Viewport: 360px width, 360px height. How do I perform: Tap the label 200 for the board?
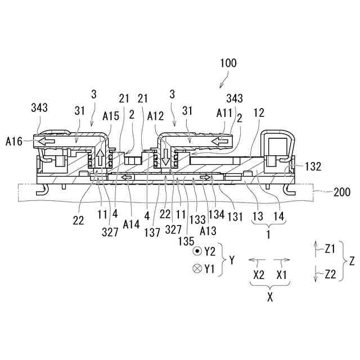[x=341, y=192]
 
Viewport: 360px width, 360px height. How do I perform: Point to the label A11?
[x=224, y=128]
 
